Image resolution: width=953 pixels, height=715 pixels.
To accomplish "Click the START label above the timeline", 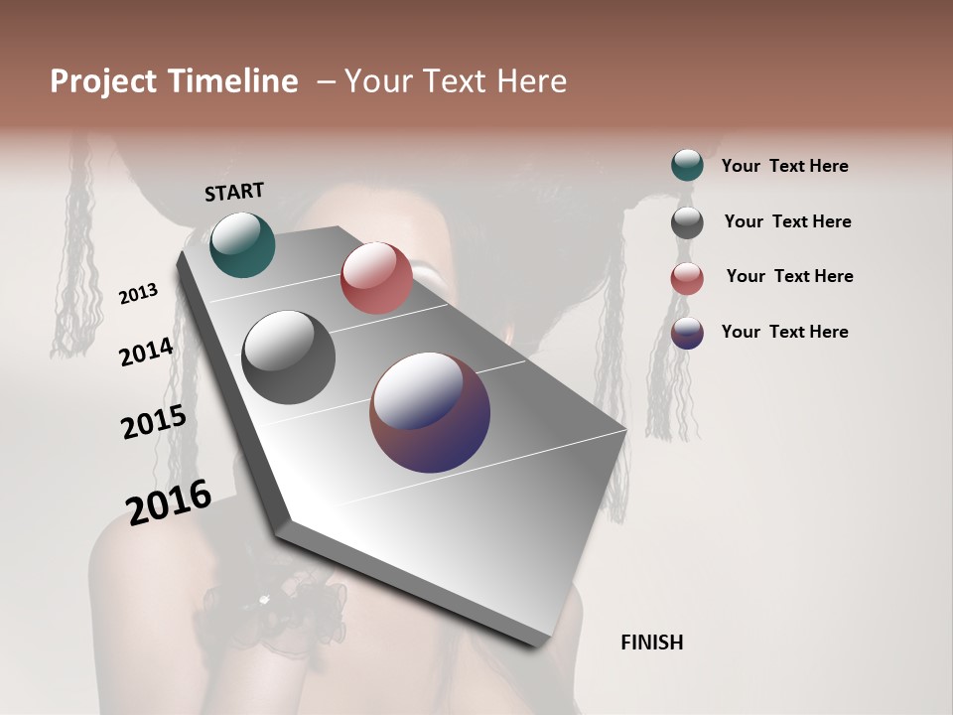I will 234,192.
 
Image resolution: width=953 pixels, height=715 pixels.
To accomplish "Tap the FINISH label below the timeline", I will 651,643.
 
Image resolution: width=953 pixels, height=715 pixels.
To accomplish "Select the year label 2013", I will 138,294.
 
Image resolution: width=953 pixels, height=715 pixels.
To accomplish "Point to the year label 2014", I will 147,352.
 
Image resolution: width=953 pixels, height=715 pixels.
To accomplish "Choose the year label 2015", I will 154,422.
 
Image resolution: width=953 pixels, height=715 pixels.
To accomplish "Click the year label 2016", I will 169,501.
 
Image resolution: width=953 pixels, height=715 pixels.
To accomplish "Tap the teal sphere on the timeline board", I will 242,244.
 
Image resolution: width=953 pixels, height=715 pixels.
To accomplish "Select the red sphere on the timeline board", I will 376,278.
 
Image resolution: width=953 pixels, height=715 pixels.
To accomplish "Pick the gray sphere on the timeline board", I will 288,357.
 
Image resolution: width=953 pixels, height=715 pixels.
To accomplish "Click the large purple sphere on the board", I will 430,412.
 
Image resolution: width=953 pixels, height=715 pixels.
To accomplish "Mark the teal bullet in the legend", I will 687,165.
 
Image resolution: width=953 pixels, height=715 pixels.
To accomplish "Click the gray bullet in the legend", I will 687,222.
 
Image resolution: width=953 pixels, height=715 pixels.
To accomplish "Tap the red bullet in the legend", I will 687,278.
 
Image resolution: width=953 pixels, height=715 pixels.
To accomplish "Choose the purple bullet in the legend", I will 687,333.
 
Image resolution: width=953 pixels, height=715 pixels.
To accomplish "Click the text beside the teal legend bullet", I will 784,166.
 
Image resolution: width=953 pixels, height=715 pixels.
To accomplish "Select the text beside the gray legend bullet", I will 787,221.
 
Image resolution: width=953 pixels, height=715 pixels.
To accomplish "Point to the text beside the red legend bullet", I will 789,276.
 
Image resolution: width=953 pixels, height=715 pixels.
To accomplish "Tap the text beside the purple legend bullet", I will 784,332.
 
